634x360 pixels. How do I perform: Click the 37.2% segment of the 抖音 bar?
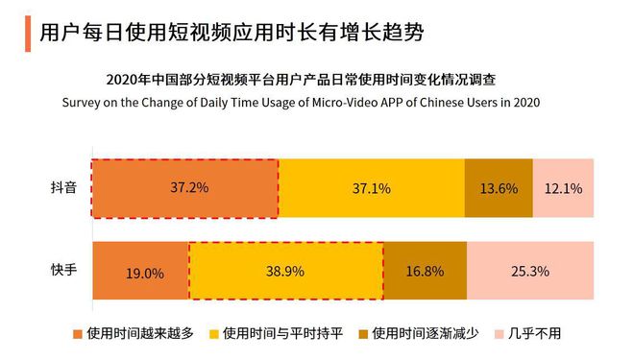coord(184,188)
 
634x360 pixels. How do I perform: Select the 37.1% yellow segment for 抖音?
coord(371,188)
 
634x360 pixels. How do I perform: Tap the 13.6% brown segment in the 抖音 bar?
coord(498,188)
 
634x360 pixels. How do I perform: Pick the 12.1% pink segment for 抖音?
coord(563,188)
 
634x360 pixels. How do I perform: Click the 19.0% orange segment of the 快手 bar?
coord(140,272)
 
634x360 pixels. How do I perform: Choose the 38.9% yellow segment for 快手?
coord(285,272)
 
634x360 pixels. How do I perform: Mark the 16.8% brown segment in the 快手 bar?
coord(425,272)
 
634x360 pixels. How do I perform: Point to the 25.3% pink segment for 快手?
coord(530,272)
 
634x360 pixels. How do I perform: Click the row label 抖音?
coord(65,188)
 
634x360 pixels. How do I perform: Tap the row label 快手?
coord(65,270)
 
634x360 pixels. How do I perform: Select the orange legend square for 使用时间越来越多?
coord(78,335)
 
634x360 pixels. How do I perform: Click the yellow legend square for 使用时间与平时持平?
coord(214,335)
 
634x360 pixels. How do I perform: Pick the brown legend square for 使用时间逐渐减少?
coord(363,335)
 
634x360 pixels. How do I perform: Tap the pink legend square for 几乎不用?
coord(500,335)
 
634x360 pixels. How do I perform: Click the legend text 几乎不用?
coord(536,335)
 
